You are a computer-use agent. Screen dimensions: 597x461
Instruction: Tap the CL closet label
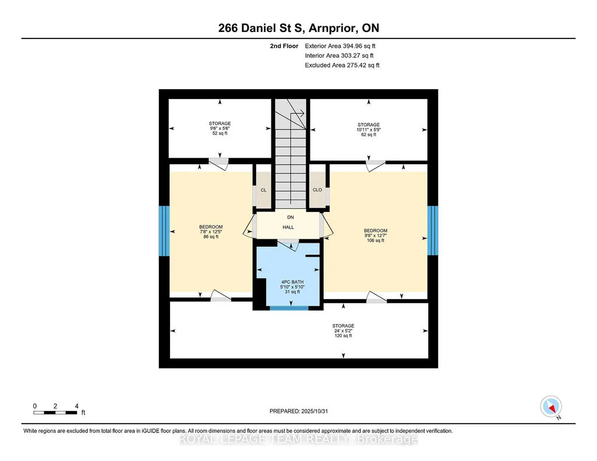coord(263,190)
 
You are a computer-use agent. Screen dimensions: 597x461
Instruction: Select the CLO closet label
coord(317,190)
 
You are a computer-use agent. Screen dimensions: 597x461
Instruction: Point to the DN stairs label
coord(291,217)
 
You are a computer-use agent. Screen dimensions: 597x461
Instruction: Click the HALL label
coord(288,227)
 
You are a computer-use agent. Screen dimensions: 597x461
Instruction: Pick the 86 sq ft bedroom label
coord(211,232)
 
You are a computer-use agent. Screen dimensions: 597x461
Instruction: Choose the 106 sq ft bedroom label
coord(376,235)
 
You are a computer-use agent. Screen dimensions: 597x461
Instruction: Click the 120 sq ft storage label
coord(343,331)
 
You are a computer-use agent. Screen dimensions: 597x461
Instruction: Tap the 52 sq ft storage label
coord(220,128)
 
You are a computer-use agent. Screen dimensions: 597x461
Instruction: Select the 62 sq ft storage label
coord(369,129)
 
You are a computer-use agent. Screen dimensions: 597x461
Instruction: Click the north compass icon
coord(551,407)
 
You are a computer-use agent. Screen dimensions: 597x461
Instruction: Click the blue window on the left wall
coord(164,231)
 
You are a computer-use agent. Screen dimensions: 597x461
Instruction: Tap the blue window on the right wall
coord(433,230)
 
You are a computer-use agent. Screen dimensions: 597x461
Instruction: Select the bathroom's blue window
coord(289,308)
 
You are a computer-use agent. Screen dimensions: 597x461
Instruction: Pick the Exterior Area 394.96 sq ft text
coord(340,46)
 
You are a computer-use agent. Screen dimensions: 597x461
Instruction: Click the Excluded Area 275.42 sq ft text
coord(342,65)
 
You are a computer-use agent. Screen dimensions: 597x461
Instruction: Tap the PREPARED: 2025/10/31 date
coord(298,411)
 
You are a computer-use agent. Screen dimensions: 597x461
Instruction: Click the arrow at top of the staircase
coord(296,113)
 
